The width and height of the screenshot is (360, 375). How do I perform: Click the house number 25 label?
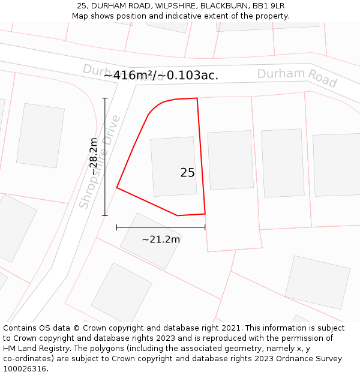(187, 173)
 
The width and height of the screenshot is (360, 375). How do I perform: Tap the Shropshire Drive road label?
(100, 163)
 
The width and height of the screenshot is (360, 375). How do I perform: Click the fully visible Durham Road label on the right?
(297, 77)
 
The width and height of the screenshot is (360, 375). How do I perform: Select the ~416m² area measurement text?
(161, 75)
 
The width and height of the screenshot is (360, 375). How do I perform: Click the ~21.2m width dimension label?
(161, 239)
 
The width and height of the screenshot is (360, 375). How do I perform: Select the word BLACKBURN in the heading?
(223, 6)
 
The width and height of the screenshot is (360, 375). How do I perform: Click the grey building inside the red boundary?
(173, 166)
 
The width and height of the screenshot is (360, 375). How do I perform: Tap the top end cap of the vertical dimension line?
(105, 98)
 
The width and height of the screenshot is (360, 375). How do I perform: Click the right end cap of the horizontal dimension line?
(205, 227)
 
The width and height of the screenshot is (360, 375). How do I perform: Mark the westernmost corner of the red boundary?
(116, 188)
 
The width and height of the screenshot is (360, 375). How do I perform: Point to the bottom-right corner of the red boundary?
(205, 213)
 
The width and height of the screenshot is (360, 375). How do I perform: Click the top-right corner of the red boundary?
(197, 98)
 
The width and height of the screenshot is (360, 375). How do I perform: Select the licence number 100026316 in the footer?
(26, 369)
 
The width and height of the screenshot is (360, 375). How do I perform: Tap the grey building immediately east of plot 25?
(230, 160)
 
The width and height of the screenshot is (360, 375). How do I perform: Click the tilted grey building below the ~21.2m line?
(151, 241)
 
